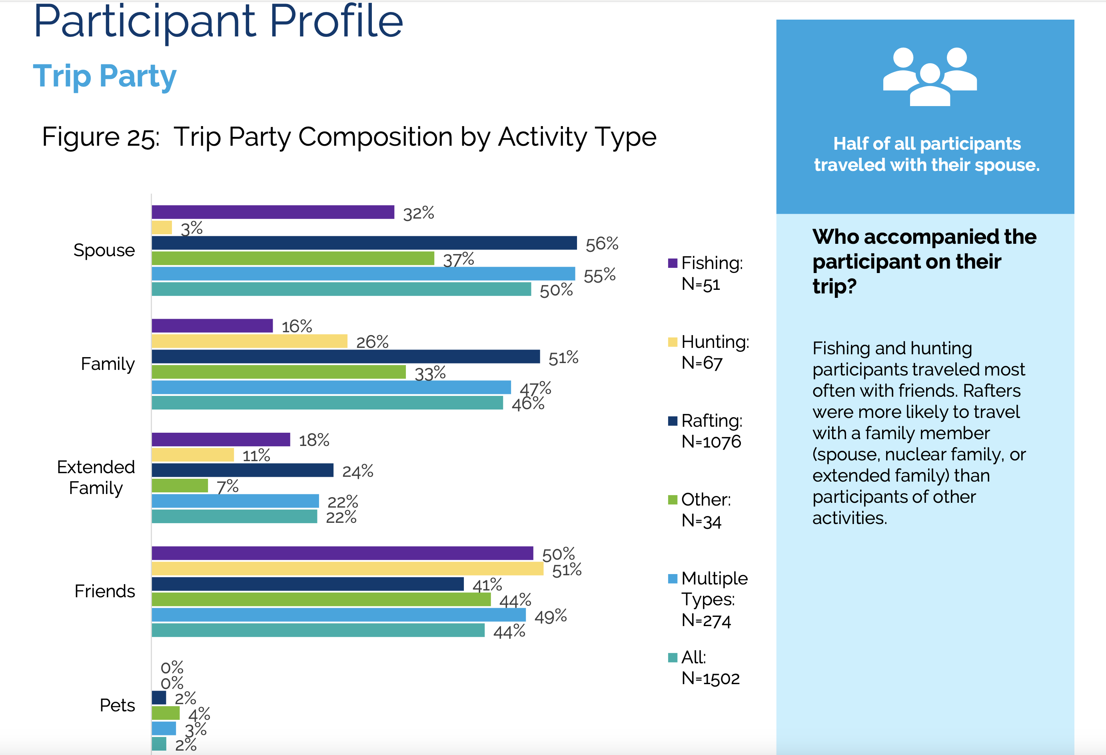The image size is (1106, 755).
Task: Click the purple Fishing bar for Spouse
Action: click(273, 212)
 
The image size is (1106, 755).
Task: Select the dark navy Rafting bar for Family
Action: click(346, 356)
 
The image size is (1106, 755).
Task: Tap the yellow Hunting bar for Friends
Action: click(347, 568)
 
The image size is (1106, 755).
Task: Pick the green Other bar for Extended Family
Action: click(180, 486)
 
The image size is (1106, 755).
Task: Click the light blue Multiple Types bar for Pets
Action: click(164, 728)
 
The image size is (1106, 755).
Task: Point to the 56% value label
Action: click(602, 244)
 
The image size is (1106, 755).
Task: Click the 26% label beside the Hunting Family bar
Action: click(372, 342)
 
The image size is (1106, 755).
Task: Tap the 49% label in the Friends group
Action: click(551, 616)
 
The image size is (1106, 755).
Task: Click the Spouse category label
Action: click(104, 250)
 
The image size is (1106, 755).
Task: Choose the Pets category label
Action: click(117, 705)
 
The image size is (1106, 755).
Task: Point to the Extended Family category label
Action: click(96, 477)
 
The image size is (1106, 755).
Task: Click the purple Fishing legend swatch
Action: click(673, 263)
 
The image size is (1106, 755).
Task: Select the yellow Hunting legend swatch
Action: click(673, 342)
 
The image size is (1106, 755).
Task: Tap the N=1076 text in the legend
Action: click(711, 442)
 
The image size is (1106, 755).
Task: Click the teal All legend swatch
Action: click(673, 658)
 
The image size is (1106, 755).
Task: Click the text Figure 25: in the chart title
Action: click(100, 137)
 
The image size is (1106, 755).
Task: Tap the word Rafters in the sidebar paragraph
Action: click(992, 391)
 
